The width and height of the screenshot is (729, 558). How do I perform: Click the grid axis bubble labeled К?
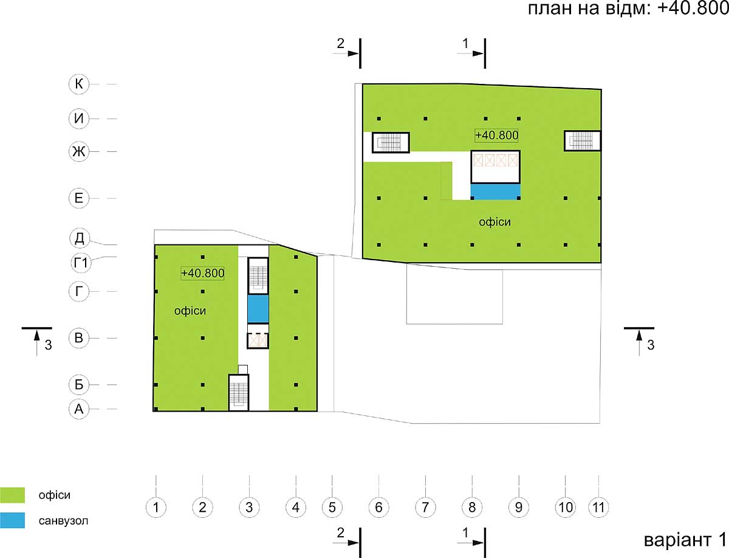pos(79,84)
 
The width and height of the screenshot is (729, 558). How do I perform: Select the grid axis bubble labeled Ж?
pos(79,151)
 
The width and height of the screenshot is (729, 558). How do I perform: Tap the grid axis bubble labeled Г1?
pos(81,263)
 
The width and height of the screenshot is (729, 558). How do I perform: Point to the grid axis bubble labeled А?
pos(79,409)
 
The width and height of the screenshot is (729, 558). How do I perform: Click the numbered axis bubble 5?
pos(332,508)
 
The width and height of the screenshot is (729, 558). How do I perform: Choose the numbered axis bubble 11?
pos(598,508)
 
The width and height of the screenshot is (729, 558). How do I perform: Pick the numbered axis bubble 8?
pos(472,508)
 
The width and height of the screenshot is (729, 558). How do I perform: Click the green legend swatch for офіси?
pos(12,495)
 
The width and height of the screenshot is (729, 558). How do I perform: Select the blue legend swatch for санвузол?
pos(12,520)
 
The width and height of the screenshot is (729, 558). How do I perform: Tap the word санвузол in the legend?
pos(63,521)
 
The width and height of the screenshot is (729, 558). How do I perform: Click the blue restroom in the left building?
pos(258,309)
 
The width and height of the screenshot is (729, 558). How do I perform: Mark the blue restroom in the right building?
pos(496,192)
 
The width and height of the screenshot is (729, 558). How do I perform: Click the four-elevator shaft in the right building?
pos(495,167)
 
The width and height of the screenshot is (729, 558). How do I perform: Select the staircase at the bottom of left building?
pos(239,393)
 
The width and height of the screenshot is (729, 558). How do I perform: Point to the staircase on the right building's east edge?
pos(582,141)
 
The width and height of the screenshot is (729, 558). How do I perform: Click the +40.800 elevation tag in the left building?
pos(202,273)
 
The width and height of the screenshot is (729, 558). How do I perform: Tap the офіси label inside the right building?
pos(495,222)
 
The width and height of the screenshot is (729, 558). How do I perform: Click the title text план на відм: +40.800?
pos(628,9)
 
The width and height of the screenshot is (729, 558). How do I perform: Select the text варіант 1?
pos(685,540)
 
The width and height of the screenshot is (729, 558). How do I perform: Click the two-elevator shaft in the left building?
pos(258,340)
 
